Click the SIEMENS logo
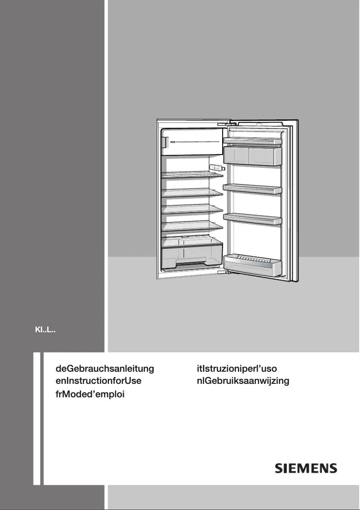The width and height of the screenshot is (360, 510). [x=306, y=468]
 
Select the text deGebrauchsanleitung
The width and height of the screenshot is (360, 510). [x=105, y=369]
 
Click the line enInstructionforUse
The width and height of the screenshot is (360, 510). [x=98, y=382]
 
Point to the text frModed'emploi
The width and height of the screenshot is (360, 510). [x=89, y=395]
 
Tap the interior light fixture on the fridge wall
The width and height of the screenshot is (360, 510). [x=217, y=168]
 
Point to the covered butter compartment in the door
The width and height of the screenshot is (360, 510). [x=252, y=155]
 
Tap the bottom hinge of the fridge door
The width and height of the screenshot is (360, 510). [x=223, y=271]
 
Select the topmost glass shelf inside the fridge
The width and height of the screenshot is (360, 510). [x=193, y=175]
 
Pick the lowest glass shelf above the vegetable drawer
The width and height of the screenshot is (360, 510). [x=193, y=226]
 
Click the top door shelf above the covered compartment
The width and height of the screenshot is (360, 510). [x=252, y=141]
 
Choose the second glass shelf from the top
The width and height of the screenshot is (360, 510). [x=193, y=193]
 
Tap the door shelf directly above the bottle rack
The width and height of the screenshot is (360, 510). [x=252, y=218]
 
